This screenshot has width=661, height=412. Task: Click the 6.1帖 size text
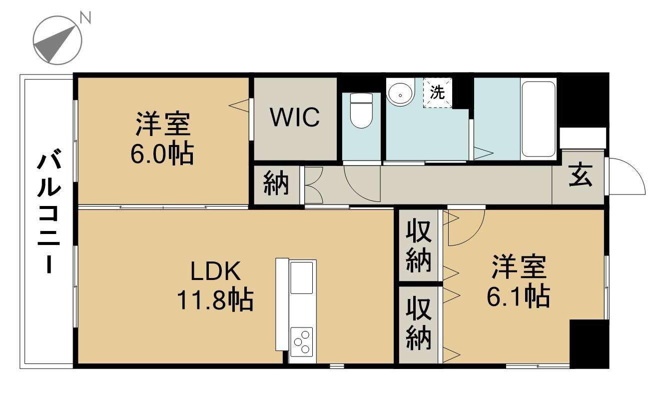tap(518, 297)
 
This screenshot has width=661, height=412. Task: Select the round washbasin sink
tap(400, 92)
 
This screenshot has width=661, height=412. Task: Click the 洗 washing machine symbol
tap(438, 92)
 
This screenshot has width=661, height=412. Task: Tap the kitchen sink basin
tap(302, 278)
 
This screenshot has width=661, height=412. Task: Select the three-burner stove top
tap(301, 342)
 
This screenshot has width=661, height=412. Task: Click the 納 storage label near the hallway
tap(276, 183)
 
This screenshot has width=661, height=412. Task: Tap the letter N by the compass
tap(85, 18)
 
